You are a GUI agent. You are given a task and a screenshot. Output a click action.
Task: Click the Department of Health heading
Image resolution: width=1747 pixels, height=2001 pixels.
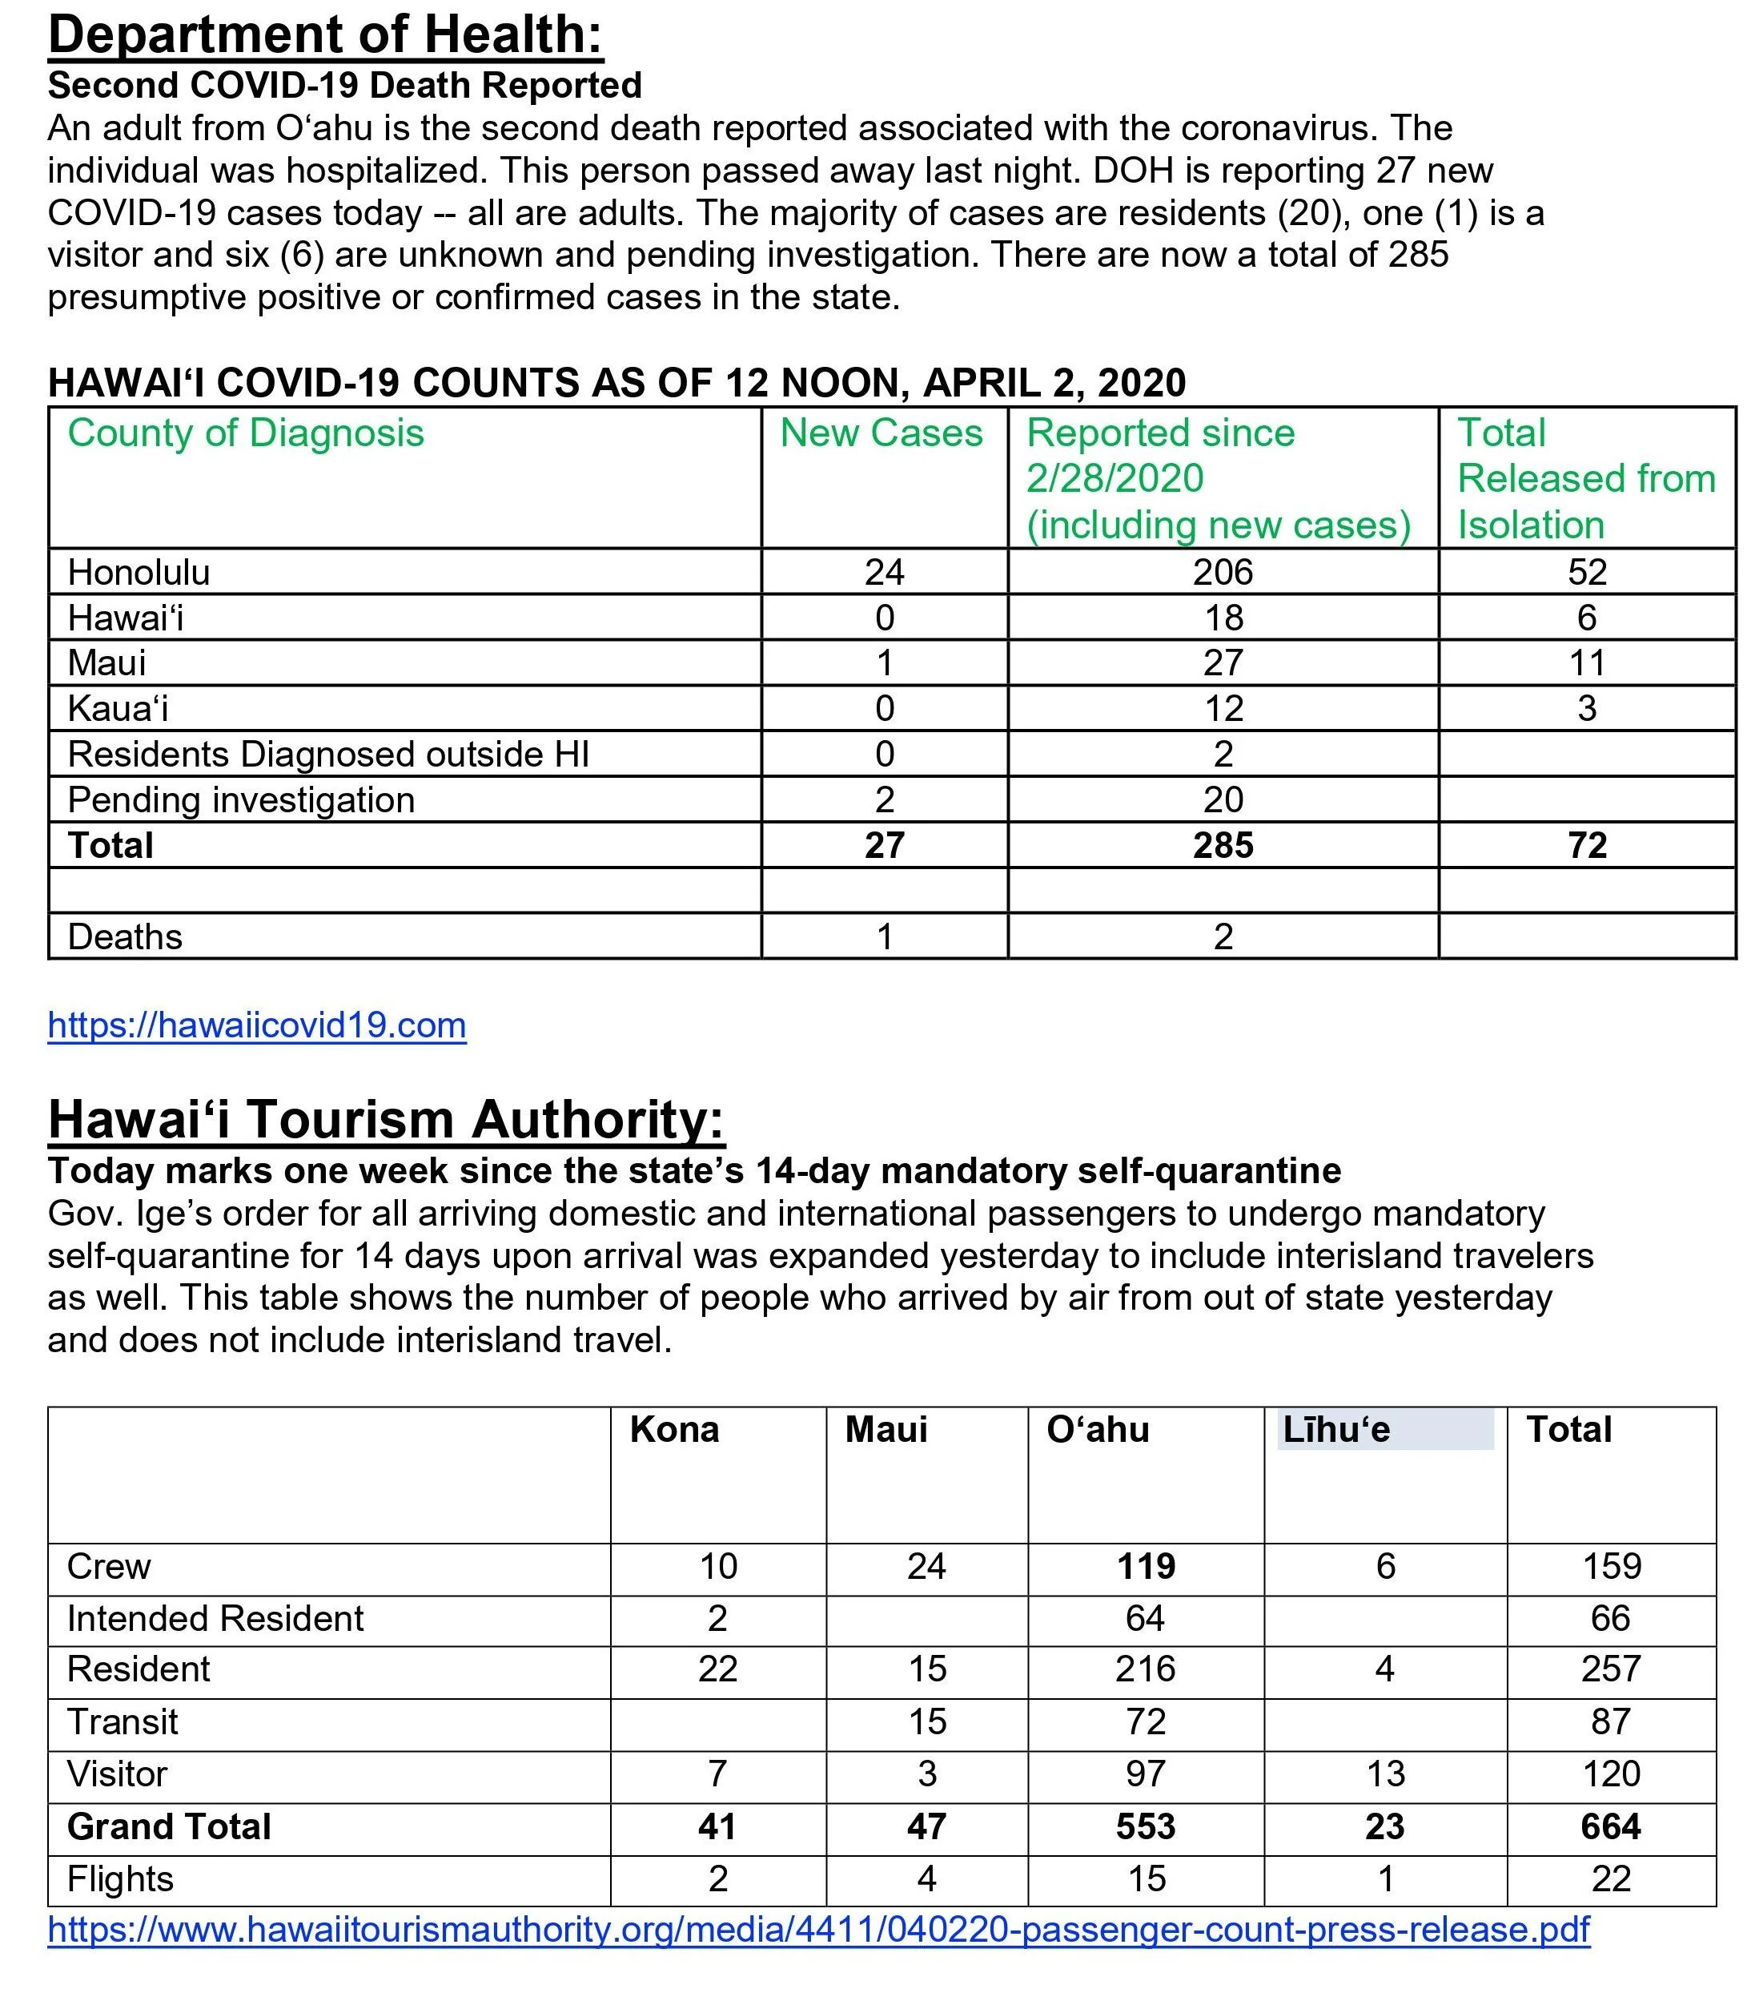326,35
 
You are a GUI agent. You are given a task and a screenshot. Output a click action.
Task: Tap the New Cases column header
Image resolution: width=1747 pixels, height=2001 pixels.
882,433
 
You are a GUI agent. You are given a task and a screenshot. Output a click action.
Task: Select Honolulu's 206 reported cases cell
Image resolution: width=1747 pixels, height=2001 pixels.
1223,573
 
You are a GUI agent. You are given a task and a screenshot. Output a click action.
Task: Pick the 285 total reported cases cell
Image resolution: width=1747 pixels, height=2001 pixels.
1223,845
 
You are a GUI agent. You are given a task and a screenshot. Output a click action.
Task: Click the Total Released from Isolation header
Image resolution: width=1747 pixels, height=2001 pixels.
1585,478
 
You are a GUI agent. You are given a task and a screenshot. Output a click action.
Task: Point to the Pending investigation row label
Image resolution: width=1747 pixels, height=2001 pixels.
241,799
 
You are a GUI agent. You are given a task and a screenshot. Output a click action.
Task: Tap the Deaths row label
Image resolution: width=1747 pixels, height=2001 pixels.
125,937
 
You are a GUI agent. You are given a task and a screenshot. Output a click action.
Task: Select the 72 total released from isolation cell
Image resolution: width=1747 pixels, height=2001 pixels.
1586,845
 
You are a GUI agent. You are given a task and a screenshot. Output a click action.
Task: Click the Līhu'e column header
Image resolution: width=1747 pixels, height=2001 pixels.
1335,1430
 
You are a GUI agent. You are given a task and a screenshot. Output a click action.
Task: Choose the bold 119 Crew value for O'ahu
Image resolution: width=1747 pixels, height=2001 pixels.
1146,1566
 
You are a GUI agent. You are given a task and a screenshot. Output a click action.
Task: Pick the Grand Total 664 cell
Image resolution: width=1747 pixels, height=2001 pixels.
1611,1826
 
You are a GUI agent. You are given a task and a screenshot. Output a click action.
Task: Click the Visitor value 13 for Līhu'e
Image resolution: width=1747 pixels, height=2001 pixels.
1384,1774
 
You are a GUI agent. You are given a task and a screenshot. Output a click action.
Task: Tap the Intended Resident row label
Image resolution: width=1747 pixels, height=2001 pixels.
215,1619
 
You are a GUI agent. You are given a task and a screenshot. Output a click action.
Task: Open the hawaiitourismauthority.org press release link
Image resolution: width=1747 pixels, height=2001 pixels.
818,1930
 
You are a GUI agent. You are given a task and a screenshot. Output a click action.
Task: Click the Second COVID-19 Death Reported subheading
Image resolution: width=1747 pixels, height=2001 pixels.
344,86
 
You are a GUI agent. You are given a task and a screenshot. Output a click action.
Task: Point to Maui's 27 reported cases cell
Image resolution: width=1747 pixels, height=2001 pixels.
1223,663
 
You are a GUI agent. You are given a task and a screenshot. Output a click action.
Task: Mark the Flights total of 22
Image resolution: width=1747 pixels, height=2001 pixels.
1611,1879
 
